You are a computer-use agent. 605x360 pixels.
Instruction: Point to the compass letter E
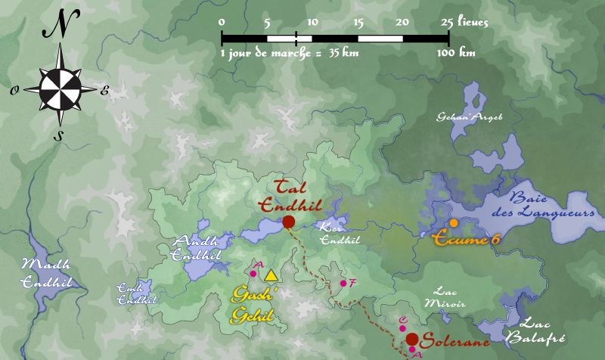105,91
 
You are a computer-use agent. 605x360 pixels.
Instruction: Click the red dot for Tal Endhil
288,222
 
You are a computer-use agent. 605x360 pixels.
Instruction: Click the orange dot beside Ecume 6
453,223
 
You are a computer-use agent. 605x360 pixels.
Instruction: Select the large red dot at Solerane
413,339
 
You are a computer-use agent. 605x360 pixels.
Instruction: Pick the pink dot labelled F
343,284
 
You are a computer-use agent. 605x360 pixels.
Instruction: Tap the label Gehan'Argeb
470,116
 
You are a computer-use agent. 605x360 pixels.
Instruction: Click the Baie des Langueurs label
541,206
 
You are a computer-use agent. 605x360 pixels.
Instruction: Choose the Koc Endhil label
333,234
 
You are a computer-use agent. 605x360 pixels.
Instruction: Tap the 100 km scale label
457,53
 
